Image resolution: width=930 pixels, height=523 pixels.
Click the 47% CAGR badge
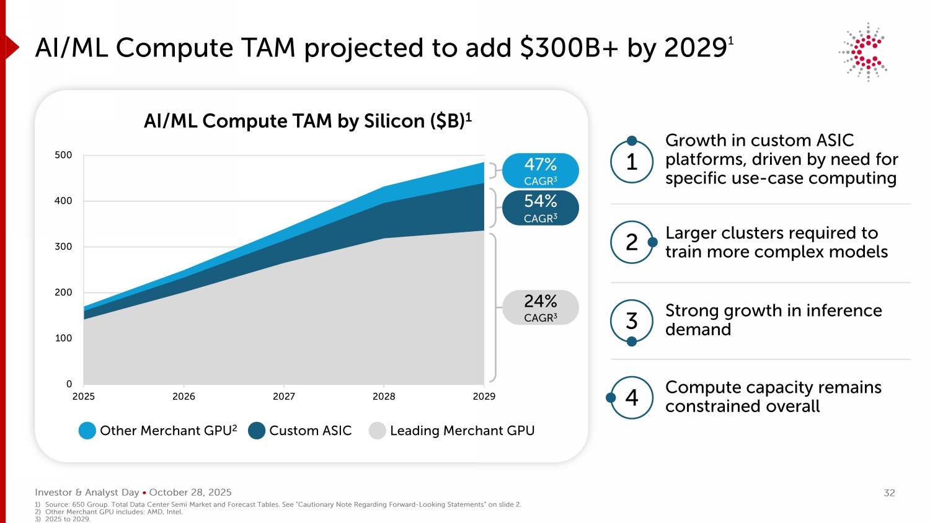click(540, 170)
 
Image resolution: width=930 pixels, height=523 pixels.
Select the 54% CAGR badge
click(540, 208)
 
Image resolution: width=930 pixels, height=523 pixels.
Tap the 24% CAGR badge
click(540, 307)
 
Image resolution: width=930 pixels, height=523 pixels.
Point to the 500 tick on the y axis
click(63, 155)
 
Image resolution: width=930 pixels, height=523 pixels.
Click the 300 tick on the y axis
click(63, 247)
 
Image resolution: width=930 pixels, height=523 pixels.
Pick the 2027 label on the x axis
click(284, 397)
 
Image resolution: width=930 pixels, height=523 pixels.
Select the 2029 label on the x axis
click(484, 397)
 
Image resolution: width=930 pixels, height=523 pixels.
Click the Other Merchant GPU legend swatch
click(87, 431)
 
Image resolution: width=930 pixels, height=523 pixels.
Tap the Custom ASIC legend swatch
click(257, 431)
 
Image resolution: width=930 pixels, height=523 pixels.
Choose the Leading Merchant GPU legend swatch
click(378, 431)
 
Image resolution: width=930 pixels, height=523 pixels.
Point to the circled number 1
click(632, 162)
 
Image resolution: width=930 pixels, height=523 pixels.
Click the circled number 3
click(632, 321)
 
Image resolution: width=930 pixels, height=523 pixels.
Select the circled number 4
click(632, 397)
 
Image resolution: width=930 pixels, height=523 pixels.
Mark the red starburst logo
click(865, 51)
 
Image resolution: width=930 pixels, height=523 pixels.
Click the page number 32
click(889, 493)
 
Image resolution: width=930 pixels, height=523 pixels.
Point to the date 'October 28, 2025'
click(190, 493)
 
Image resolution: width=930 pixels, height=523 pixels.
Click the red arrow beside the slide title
click(12, 47)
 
